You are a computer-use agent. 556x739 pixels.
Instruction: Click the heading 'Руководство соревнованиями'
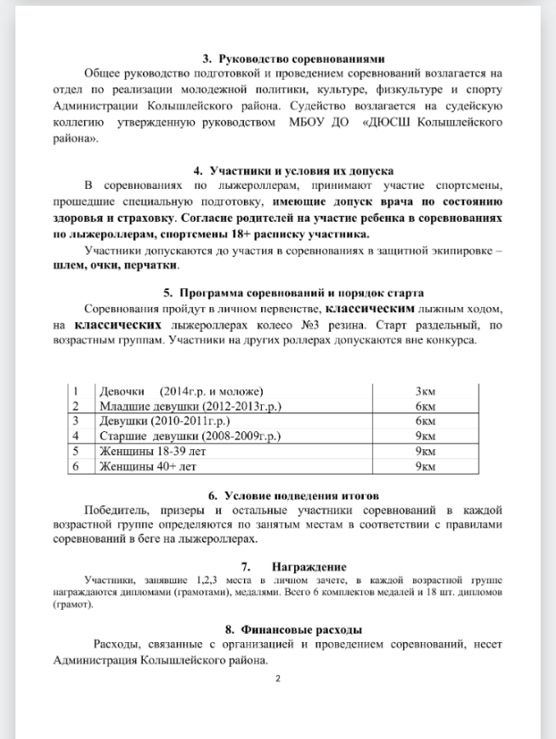[x=302, y=60]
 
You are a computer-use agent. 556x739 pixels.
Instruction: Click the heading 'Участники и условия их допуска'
[x=302, y=171]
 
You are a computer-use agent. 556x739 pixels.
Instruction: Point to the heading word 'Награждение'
[x=309, y=566]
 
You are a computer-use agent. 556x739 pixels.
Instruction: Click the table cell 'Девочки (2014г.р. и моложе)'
[x=182, y=391]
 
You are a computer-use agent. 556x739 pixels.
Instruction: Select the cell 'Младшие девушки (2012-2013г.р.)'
[x=191, y=406]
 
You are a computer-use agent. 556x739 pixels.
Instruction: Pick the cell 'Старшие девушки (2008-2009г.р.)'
[x=190, y=436]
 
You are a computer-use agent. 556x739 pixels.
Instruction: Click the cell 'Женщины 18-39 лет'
[x=153, y=451]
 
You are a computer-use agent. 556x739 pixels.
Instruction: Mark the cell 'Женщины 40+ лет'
[x=148, y=466]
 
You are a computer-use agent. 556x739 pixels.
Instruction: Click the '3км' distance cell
[x=425, y=391]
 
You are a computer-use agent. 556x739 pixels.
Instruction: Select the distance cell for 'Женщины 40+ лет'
[x=425, y=466]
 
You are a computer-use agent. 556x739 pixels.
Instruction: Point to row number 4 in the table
[x=76, y=436]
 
